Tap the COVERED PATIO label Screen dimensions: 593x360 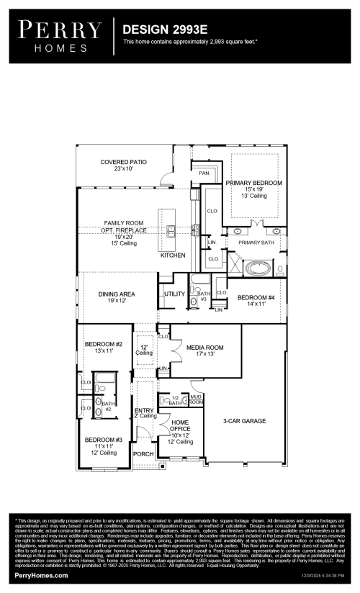(x=124, y=162)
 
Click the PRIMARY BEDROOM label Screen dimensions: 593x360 (x=253, y=183)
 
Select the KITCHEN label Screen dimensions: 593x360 (x=173, y=255)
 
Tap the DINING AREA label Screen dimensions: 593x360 (x=117, y=294)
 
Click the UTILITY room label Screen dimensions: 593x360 (x=175, y=294)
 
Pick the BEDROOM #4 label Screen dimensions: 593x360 (x=256, y=297)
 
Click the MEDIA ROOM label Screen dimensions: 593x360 (x=205, y=348)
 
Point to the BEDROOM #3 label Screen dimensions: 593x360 (x=104, y=439)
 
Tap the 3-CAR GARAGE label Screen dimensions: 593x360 (x=244, y=420)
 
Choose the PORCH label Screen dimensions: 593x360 (x=143, y=454)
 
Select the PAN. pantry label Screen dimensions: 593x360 (x=204, y=173)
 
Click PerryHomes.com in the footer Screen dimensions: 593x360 (x=42, y=576)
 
